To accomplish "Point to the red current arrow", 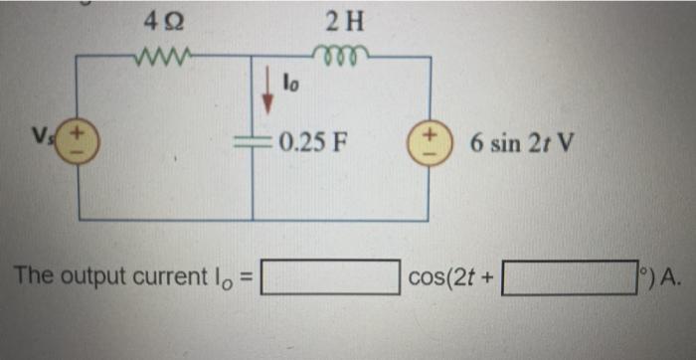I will point(266,89).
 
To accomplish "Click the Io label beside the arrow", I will point(291,85).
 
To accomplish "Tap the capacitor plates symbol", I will point(253,138).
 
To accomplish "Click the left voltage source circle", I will point(79,139).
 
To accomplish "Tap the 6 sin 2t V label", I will point(522,139).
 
